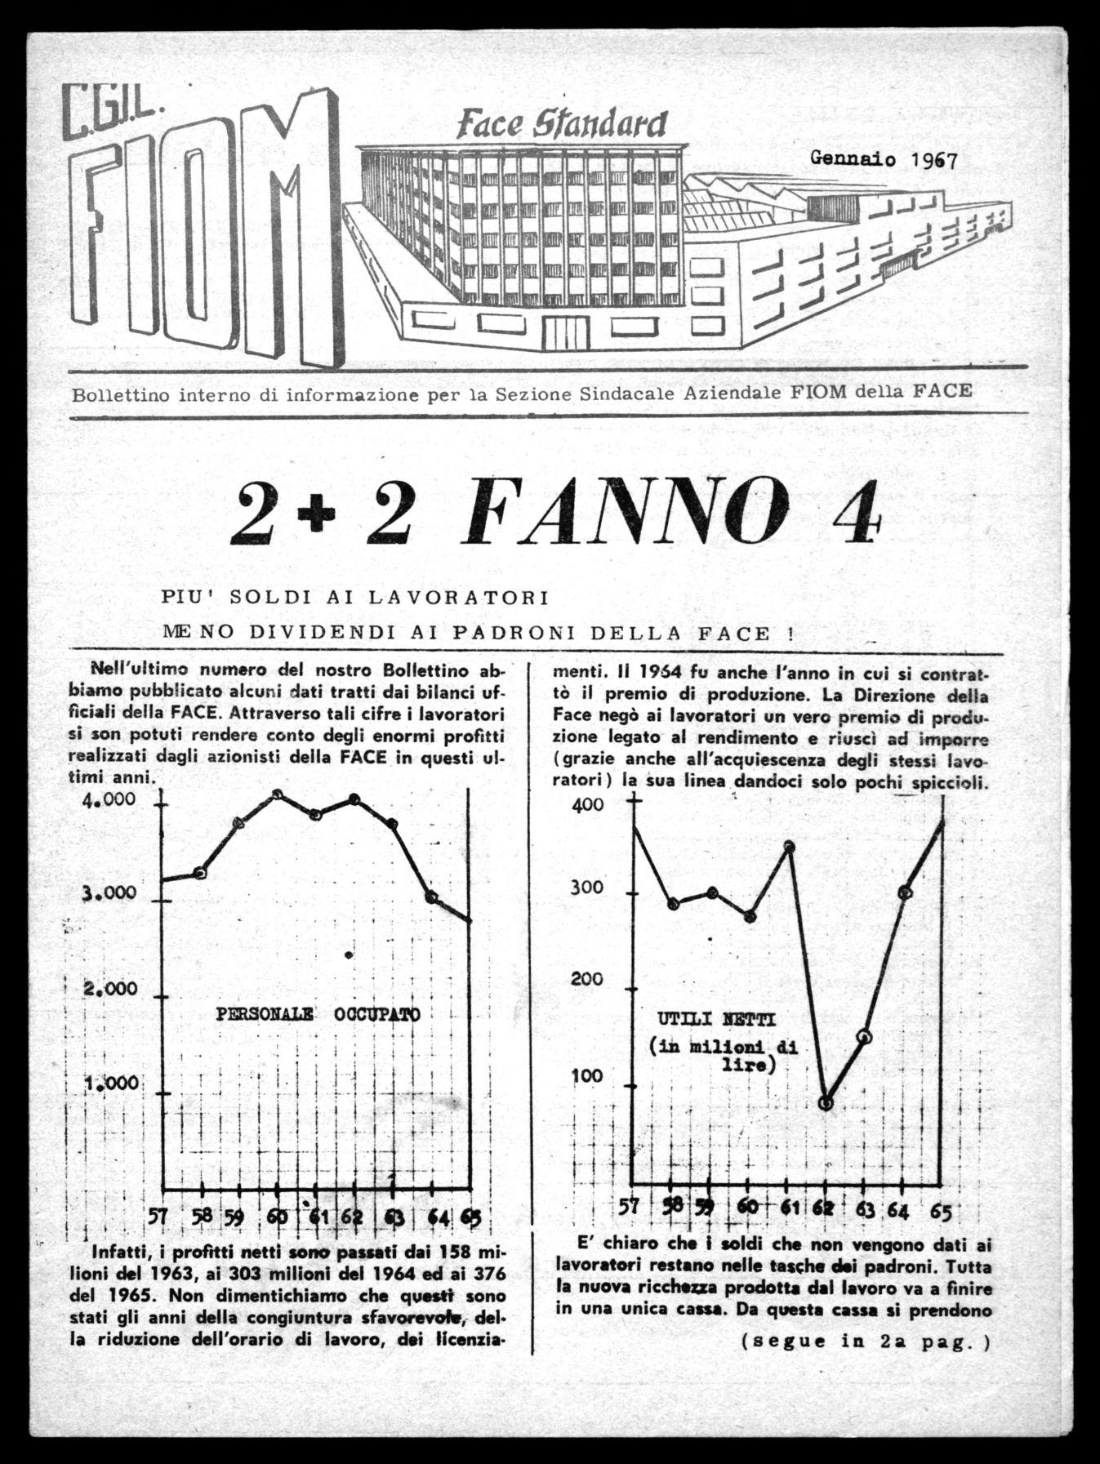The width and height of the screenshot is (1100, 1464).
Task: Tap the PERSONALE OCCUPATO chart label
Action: click(318, 1014)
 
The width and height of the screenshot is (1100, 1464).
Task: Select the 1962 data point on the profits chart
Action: click(826, 1103)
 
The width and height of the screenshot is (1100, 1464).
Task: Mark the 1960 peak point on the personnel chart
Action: click(278, 794)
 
